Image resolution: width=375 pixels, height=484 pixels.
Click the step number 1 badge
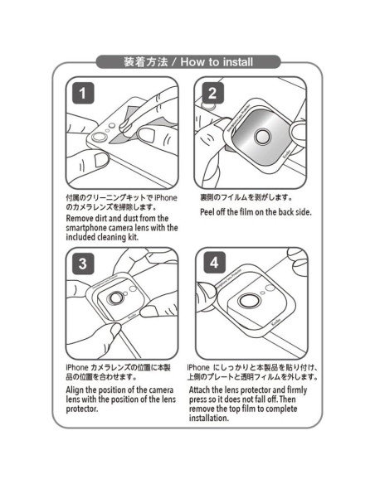click(x=83, y=93)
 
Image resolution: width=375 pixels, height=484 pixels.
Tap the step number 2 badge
click(x=213, y=93)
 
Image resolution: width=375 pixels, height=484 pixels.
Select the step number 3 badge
click(x=83, y=264)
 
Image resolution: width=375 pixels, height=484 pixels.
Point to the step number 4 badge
click(x=215, y=262)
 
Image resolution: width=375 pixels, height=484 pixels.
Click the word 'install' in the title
click(x=238, y=62)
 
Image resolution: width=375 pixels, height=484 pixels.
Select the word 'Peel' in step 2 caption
click(x=207, y=212)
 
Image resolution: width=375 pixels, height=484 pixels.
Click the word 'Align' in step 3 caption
click(x=75, y=390)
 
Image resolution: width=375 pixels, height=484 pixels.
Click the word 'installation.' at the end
click(x=209, y=419)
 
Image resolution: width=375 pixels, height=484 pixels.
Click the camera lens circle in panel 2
click(x=262, y=136)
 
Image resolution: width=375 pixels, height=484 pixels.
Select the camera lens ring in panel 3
click(x=115, y=298)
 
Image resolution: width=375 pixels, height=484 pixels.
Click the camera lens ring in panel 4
click(x=249, y=300)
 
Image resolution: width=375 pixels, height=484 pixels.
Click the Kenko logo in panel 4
click(x=276, y=323)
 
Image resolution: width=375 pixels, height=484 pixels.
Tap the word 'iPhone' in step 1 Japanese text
click(x=166, y=197)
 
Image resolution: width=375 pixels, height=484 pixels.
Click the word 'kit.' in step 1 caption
click(x=133, y=237)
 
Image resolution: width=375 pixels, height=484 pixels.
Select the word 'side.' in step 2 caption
click(x=304, y=212)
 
